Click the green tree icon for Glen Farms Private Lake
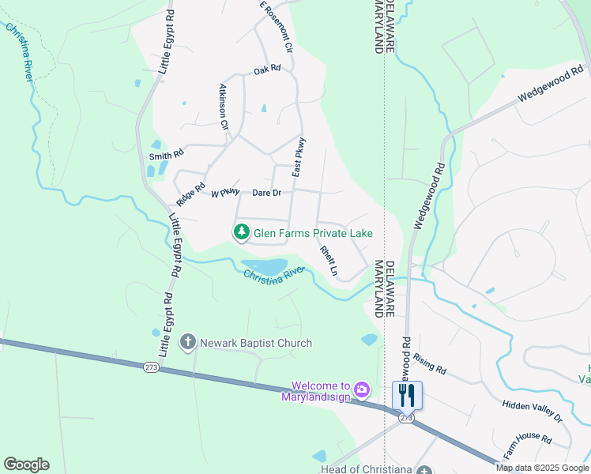pos(241,232)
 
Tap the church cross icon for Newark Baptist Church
pos(188,342)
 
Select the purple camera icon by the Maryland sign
pos(362,389)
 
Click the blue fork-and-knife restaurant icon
pos(407,395)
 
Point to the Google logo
pos(26,465)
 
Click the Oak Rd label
pos(267,70)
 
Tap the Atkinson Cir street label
pos(224,107)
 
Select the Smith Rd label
pos(166,156)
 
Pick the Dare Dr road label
pos(266,193)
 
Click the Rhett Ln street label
pos(329,261)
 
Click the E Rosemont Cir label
pos(276,27)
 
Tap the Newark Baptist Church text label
pos(255,343)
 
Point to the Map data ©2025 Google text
pos(542,468)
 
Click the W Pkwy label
pos(225,193)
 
